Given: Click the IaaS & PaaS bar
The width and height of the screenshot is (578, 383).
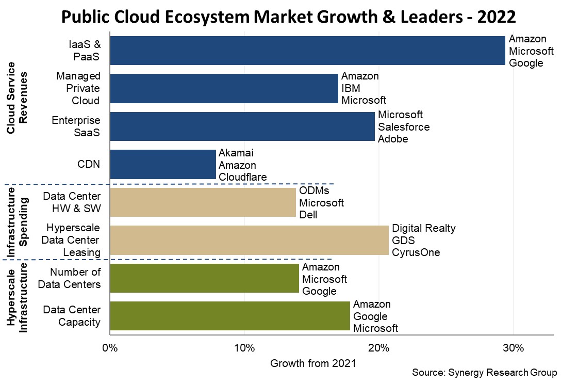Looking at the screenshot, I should [307, 51].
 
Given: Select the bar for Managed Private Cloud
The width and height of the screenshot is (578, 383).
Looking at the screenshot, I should [224, 88].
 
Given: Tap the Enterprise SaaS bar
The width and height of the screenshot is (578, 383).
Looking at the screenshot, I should [242, 126].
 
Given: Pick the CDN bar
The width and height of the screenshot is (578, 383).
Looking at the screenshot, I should [163, 164].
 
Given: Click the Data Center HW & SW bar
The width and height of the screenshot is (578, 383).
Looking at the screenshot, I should [203, 202].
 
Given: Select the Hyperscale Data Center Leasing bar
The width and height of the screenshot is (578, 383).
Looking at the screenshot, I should [250, 240].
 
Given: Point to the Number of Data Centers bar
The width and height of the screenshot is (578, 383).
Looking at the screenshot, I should [205, 278].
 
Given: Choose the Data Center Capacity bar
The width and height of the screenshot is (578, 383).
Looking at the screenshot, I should [230, 316].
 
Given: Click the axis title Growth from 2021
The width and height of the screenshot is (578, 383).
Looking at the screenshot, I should [313, 363].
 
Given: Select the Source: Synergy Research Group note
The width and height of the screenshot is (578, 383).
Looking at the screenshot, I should [485, 373].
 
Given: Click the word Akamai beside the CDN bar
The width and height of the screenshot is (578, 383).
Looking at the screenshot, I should [236, 153].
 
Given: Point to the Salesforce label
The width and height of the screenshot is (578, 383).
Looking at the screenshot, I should [404, 126].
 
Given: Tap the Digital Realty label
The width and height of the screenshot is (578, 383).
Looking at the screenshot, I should [424, 228].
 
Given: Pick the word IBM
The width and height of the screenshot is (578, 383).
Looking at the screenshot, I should [351, 88].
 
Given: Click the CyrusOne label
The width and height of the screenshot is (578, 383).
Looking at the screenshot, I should [416, 252].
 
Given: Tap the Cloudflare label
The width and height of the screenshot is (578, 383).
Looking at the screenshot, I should [243, 177].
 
